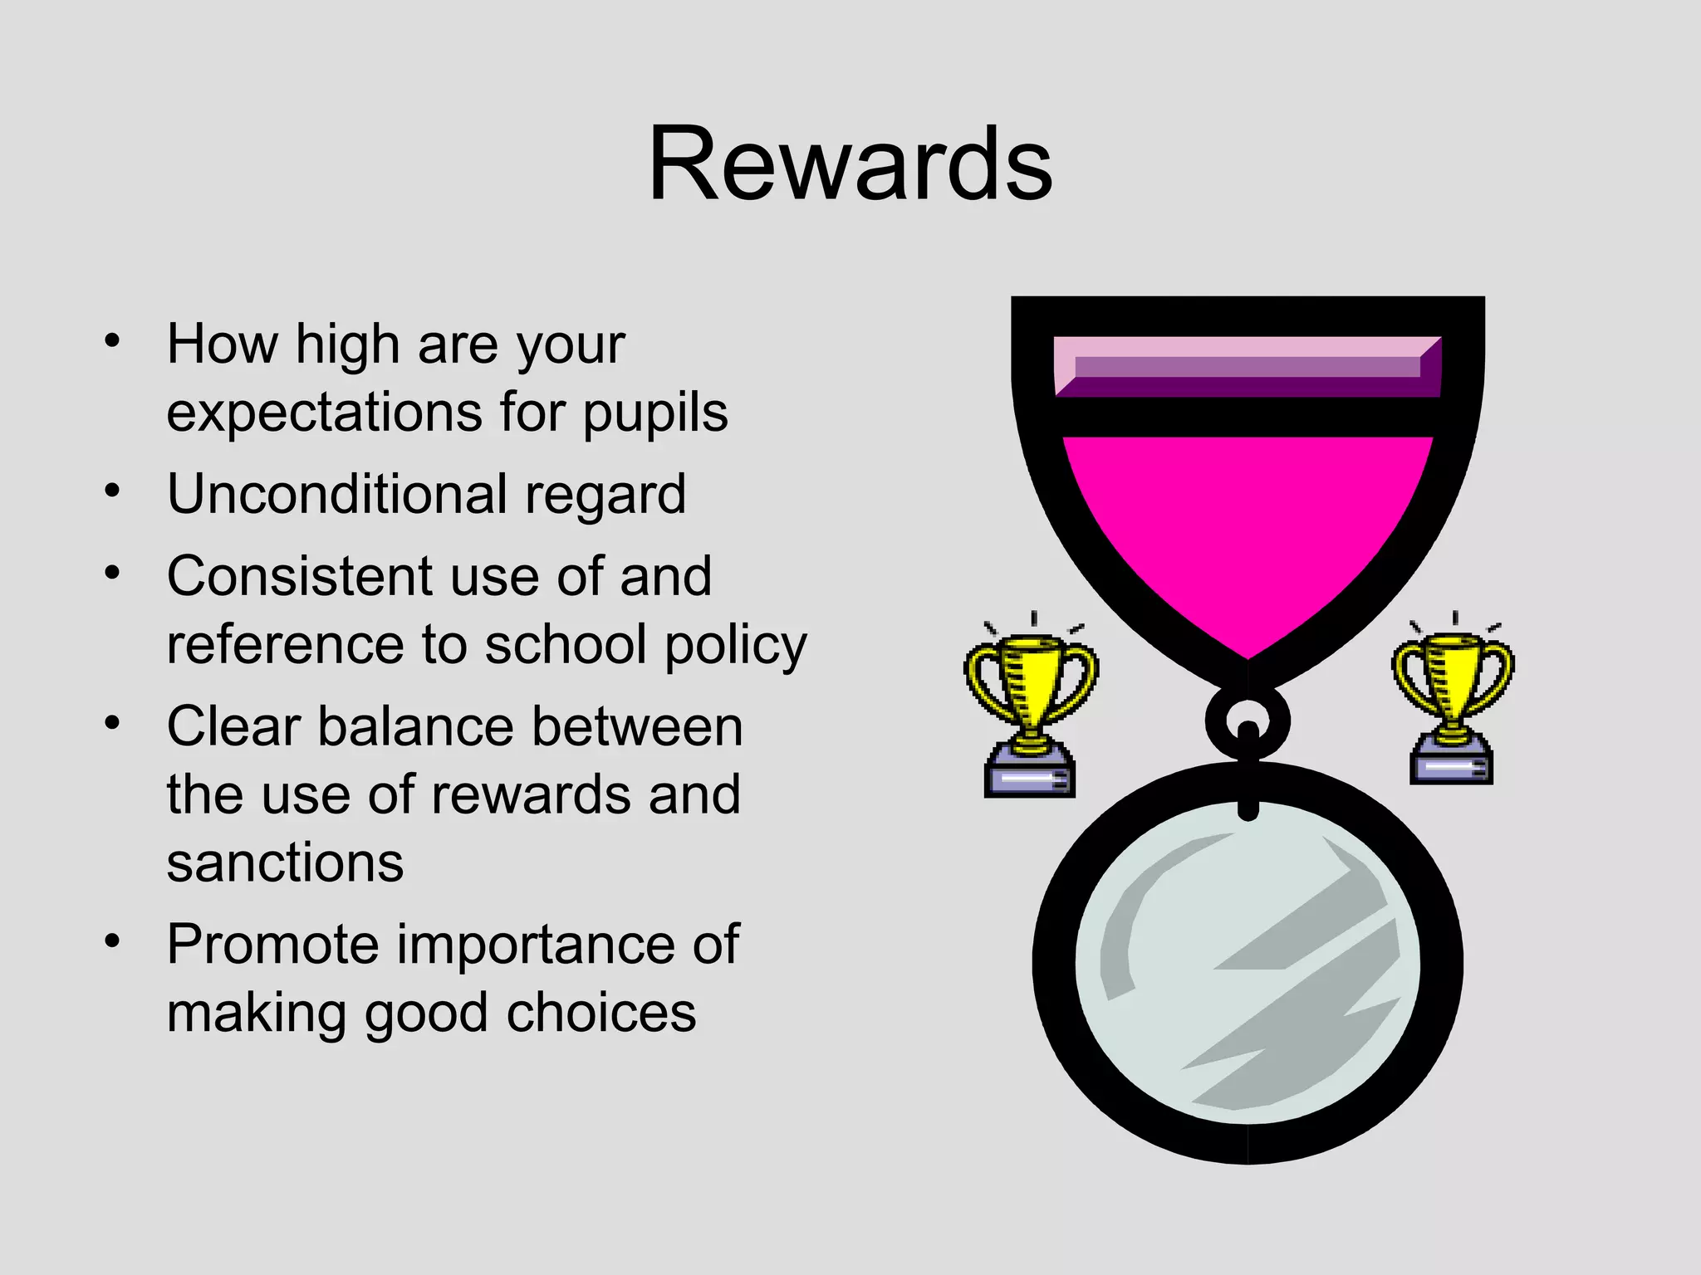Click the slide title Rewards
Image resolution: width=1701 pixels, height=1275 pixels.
click(x=850, y=164)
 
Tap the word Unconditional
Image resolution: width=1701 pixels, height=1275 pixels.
click(x=336, y=494)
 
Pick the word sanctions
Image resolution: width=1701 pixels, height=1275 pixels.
click(x=285, y=863)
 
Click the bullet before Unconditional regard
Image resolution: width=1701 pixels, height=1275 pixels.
click(x=113, y=491)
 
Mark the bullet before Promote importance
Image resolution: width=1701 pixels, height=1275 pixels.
click(x=113, y=941)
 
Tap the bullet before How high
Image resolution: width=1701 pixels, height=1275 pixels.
click(x=113, y=340)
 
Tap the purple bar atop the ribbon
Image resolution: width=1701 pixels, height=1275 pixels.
click(x=1248, y=367)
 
